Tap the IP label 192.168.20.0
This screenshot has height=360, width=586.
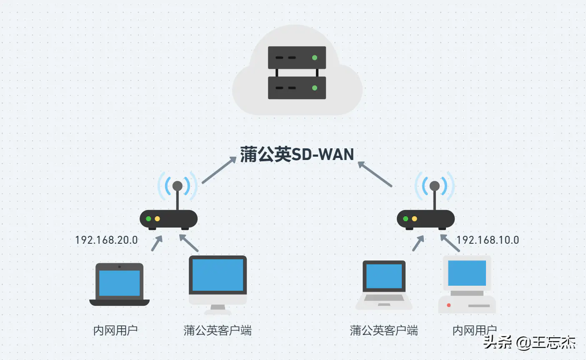click(106, 240)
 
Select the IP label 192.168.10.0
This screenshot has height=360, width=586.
click(488, 240)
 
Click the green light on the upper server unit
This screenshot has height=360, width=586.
click(315, 57)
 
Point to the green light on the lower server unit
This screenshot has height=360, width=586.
click(315, 88)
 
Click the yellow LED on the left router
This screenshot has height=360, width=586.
click(157, 219)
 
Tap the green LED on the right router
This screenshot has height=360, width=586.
click(406, 219)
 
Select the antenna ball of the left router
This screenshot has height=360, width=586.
click(178, 186)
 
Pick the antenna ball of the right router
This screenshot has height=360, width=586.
click(435, 186)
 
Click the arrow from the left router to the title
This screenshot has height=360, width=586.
click(219, 170)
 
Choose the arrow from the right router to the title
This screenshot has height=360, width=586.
click(375, 174)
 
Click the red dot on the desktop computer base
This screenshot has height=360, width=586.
click(448, 305)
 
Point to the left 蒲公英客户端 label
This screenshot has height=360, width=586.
click(218, 330)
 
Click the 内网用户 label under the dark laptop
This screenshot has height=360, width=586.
click(115, 330)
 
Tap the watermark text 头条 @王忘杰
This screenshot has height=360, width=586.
click(529, 342)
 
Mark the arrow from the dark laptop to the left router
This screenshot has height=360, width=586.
click(157, 243)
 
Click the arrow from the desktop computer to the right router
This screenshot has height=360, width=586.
click(450, 243)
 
